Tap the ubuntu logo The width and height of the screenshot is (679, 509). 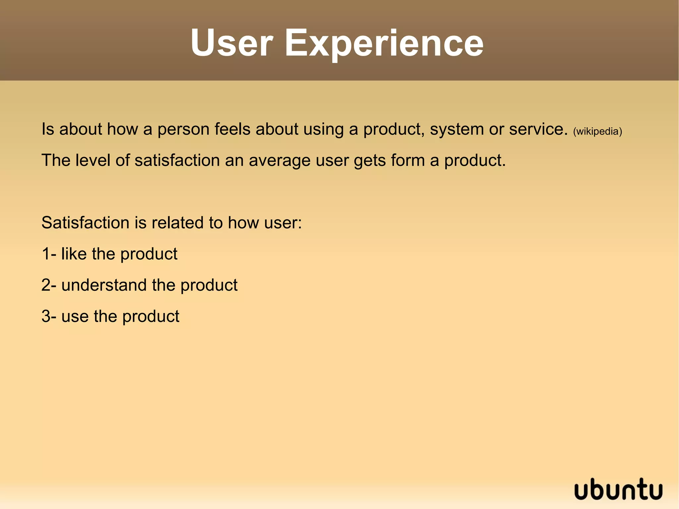[x=618, y=490]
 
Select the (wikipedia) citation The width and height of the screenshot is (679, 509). [x=597, y=132]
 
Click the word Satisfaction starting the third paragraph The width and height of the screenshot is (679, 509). [x=85, y=223]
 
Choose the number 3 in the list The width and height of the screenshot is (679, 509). [x=46, y=316]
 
